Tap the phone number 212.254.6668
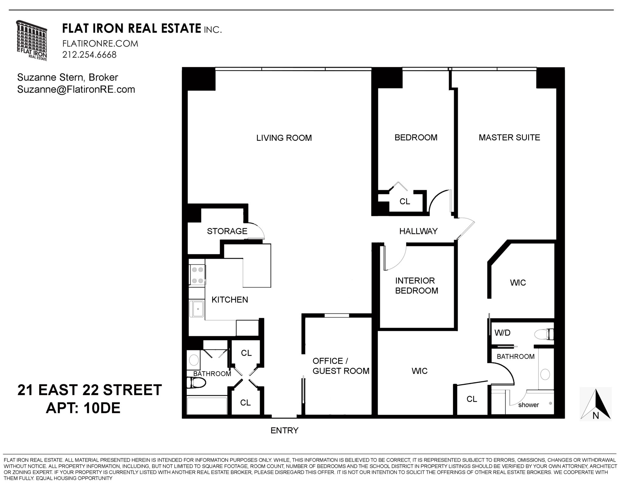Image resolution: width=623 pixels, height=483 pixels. (89, 55)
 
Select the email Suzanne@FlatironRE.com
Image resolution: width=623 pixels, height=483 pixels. (76, 90)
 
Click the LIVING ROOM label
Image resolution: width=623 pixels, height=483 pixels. (284, 138)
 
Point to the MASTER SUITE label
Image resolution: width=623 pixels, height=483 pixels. (509, 138)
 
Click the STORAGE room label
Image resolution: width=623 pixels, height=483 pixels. (227, 231)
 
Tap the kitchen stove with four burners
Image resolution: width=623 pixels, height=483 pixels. (197, 275)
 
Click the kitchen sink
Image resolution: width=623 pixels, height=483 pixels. (197, 309)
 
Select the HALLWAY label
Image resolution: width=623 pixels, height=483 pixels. (418, 231)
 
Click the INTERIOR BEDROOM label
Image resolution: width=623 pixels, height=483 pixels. (416, 285)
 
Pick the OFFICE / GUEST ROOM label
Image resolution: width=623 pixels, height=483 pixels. (341, 366)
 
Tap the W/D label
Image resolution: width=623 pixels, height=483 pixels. (502, 333)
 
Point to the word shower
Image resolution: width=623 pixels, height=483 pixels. (528, 405)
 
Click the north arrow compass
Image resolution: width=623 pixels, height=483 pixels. (595, 404)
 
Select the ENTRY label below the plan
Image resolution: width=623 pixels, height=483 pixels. (284, 430)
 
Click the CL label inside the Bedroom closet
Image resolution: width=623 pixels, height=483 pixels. (405, 201)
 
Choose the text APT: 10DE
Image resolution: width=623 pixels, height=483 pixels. (83, 408)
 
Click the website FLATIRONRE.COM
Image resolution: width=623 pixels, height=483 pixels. (100, 44)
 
